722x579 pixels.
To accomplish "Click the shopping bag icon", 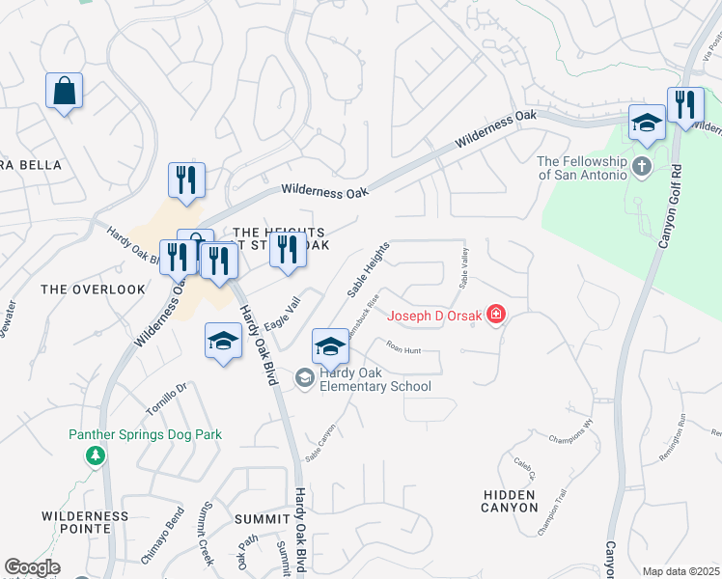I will click(x=64, y=92).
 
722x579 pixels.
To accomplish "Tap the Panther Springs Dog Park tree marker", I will click(x=95, y=454).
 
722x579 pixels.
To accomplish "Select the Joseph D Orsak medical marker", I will click(x=496, y=316).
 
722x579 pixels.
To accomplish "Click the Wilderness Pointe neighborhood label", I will click(x=85, y=523).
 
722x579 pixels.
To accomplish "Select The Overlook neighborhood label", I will click(x=79, y=289).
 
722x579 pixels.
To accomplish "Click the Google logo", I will click(x=32, y=567).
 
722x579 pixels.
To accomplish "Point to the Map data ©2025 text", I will click(x=680, y=571).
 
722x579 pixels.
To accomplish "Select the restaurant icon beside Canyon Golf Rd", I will click(x=685, y=105).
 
